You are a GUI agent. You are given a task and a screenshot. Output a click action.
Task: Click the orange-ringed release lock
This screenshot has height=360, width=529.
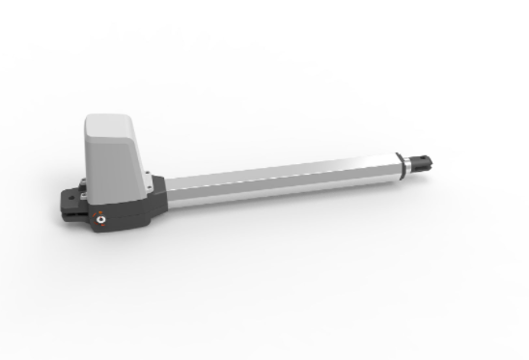click(x=100, y=221)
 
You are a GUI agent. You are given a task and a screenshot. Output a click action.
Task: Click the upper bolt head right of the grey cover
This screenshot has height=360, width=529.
click(x=149, y=176)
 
